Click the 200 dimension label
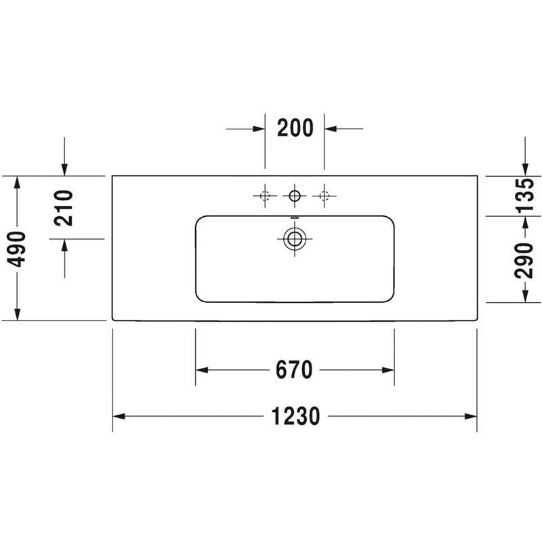[x=295, y=128]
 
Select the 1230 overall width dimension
[x=295, y=416]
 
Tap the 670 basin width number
[x=294, y=370]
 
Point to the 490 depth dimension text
[x=16, y=249]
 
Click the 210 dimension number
[x=64, y=208]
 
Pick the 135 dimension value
[x=524, y=195]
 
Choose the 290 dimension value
[x=524, y=261]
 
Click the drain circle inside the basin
[x=295, y=239]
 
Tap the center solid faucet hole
[x=295, y=196]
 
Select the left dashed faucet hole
[x=265, y=196]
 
